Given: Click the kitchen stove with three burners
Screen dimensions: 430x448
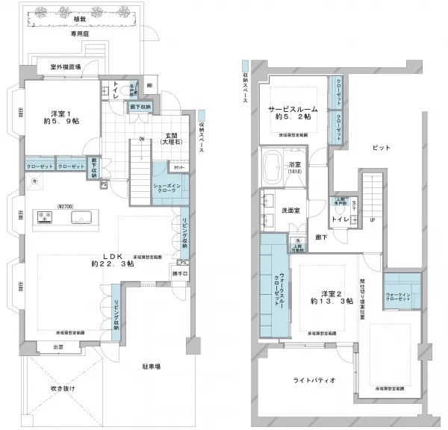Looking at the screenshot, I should click(44, 218).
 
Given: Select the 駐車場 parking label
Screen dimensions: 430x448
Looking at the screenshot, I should click(154, 367).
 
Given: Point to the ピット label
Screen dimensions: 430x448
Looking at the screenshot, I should click(380, 148).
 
